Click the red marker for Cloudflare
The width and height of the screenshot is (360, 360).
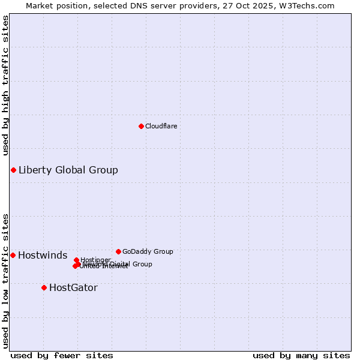141,126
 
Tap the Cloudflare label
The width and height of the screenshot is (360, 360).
161,126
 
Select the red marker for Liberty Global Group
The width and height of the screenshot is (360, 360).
13,170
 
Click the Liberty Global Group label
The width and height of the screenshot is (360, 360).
68,170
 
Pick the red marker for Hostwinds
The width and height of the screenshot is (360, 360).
13,255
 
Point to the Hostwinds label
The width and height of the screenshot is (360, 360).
43,255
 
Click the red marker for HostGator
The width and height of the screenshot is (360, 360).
44,287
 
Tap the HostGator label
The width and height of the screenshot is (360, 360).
73,287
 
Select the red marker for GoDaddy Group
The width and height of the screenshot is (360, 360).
118,251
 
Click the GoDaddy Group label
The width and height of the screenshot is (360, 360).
148,251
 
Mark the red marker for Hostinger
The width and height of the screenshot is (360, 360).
76,260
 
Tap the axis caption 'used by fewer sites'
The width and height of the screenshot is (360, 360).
62,355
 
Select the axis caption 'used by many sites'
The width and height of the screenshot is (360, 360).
301,355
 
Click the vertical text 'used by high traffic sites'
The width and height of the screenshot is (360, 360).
5,85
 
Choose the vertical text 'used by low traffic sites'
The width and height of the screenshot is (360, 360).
5,280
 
